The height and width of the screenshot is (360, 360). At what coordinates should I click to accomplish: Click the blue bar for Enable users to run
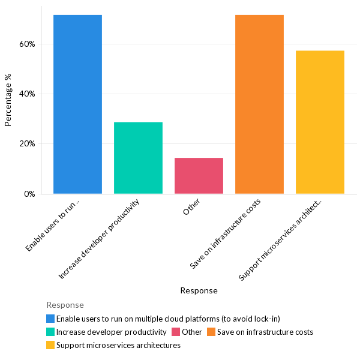[x=77, y=104]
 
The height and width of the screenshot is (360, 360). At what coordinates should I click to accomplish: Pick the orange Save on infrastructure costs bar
[x=259, y=104]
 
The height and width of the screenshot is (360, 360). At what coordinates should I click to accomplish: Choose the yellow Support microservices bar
[x=320, y=122]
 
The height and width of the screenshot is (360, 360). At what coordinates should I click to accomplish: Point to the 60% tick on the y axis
[x=28, y=44]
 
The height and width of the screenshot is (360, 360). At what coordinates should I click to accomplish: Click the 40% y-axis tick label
[x=28, y=94]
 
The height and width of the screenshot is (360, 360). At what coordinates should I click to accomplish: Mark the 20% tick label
[x=28, y=144]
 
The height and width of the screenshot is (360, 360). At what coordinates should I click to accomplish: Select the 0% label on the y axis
[x=30, y=194]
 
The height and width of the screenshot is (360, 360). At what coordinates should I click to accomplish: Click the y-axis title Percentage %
[x=8, y=100]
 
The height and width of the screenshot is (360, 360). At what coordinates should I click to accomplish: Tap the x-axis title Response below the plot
[x=199, y=290]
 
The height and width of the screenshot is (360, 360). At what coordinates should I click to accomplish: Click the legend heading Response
[x=65, y=305]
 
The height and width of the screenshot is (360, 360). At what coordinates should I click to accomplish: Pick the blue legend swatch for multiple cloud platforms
[x=50, y=319]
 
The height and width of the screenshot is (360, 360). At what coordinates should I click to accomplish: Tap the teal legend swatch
[x=50, y=332]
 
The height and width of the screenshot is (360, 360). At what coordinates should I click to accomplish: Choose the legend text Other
[x=192, y=332]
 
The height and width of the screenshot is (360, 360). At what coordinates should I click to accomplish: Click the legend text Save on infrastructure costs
[x=265, y=332]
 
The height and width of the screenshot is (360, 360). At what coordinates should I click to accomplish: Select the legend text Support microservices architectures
[x=118, y=345]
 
